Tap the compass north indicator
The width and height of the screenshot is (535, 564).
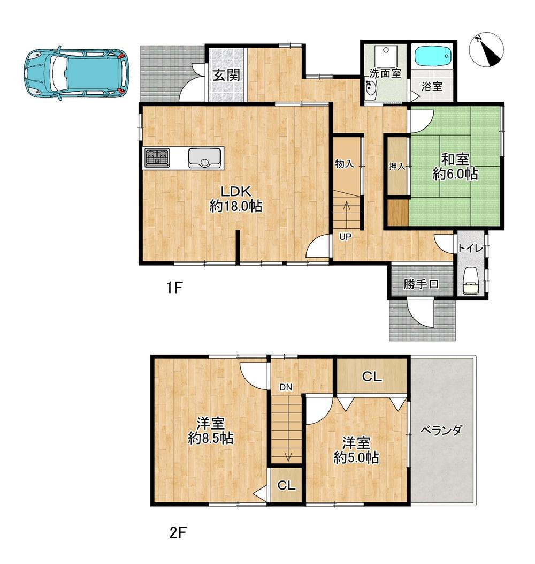pyautogui.click(x=486, y=50)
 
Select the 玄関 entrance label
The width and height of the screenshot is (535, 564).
pyautogui.click(x=226, y=75)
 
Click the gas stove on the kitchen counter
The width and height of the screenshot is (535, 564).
pyautogui.click(x=157, y=158)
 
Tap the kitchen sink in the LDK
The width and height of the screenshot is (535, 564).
pyautogui.click(x=204, y=158)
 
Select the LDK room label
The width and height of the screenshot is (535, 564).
pyautogui.click(x=235, y=191)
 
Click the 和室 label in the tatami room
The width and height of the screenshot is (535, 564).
pyautogui.click(x=455, y=159)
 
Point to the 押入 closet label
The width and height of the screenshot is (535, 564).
pyautogui.click(x=397, y=166)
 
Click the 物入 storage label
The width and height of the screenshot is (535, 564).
pyautogui.click(x=345, y=164)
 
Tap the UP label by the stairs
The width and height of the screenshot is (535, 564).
pyautogui.click(x=346, y=237)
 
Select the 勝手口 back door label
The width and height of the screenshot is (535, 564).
pyautogui.click(x=421, y=284)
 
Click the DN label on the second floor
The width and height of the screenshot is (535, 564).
pyautogui.click(x=286, y=387)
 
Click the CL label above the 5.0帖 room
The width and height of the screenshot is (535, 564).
pyautogui.click(x=372, y=377)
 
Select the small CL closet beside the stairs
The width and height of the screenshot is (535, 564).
pyautogui.click(x=286, y=485)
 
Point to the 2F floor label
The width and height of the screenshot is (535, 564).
pyautogui.click(x=178, y=532)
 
